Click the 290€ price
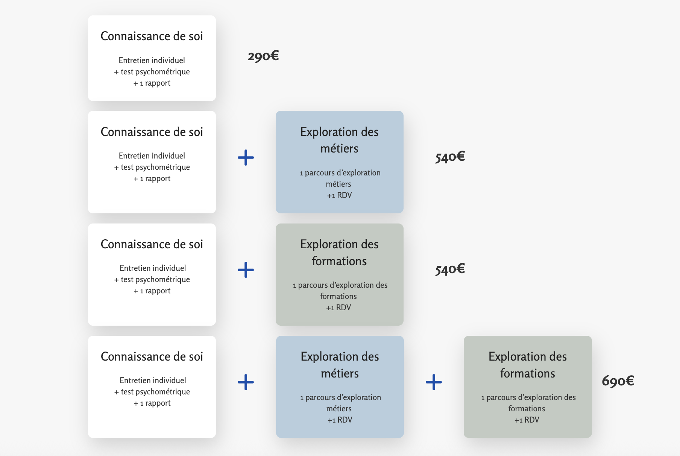(263, 56)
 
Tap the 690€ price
(618, 381)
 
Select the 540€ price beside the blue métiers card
(450, 157)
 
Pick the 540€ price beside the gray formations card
(450, 269)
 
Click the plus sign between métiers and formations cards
(434, 382)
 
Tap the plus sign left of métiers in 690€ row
(246, 382)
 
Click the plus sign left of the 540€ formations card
(246, 270)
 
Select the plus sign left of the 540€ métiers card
(246, 157)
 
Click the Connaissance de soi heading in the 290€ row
(152, 36)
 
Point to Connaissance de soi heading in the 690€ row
(152, 356)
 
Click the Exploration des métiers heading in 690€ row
(340, 365)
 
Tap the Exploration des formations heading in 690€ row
(528, 365)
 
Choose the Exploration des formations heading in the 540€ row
(340, 252)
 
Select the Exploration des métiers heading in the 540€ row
(340, 140)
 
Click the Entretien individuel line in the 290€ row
(152, 60)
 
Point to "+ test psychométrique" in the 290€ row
(152, 72)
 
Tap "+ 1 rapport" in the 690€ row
(152, 403)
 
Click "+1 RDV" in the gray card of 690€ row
(527, 420)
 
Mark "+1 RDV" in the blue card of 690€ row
(340, 420)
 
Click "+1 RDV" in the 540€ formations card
(338, 308)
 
